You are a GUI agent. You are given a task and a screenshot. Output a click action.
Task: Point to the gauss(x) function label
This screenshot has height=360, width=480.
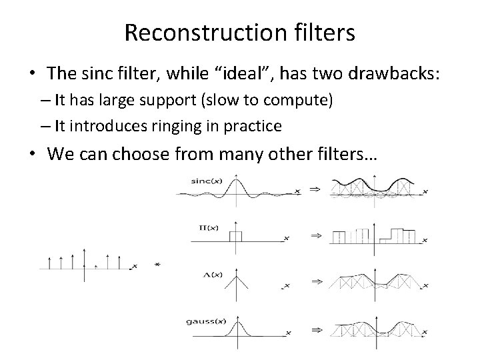tap(207, 321)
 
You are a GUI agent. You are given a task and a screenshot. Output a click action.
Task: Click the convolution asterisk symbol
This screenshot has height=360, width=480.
tap(157, 265)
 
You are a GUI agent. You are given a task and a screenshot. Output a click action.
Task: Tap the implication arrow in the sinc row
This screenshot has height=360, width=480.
tap(315, 190)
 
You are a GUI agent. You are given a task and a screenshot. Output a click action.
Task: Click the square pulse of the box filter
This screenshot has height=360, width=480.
tap(236, 235)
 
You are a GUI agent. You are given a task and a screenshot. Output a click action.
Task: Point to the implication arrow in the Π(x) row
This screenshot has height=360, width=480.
tap(315, 235)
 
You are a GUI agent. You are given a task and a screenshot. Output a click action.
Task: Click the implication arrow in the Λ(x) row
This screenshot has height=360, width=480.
tap(315, 283)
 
